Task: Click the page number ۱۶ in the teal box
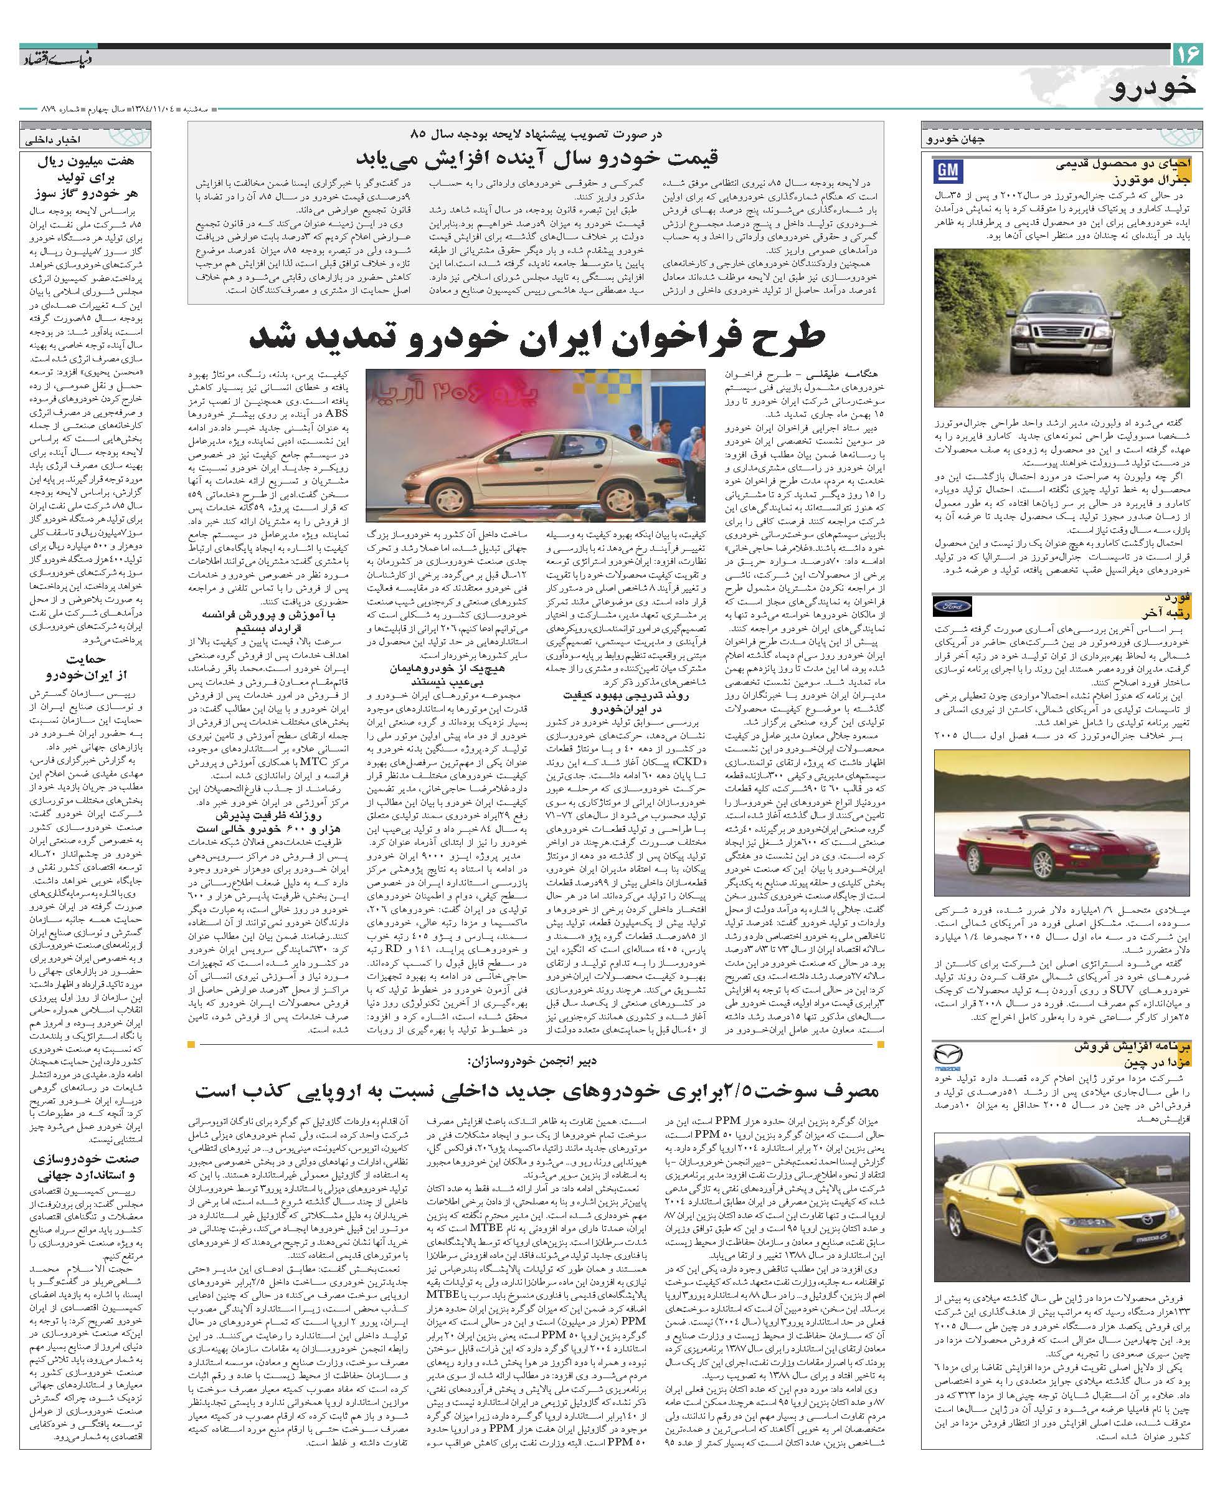(1188, 53)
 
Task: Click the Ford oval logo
(952, 606)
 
